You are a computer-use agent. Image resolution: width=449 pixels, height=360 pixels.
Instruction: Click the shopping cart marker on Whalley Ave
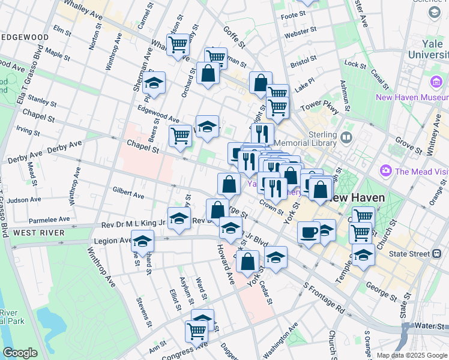tap(178, 44)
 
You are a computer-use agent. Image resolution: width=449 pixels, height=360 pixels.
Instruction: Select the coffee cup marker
tap(309, 232)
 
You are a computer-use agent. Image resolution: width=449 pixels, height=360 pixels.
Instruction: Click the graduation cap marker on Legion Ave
tap(142, 241)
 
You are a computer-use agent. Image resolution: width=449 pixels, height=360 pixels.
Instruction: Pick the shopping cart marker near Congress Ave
tap(196, 330)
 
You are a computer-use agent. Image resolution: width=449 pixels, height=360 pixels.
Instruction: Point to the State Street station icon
tap(438, 254)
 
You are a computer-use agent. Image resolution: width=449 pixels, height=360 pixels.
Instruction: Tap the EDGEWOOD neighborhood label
tap(25, 37)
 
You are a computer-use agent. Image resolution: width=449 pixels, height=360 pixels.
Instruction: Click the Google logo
tap(20, 353)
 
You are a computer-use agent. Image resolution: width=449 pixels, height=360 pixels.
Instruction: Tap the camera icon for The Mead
tap(386, 171)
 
